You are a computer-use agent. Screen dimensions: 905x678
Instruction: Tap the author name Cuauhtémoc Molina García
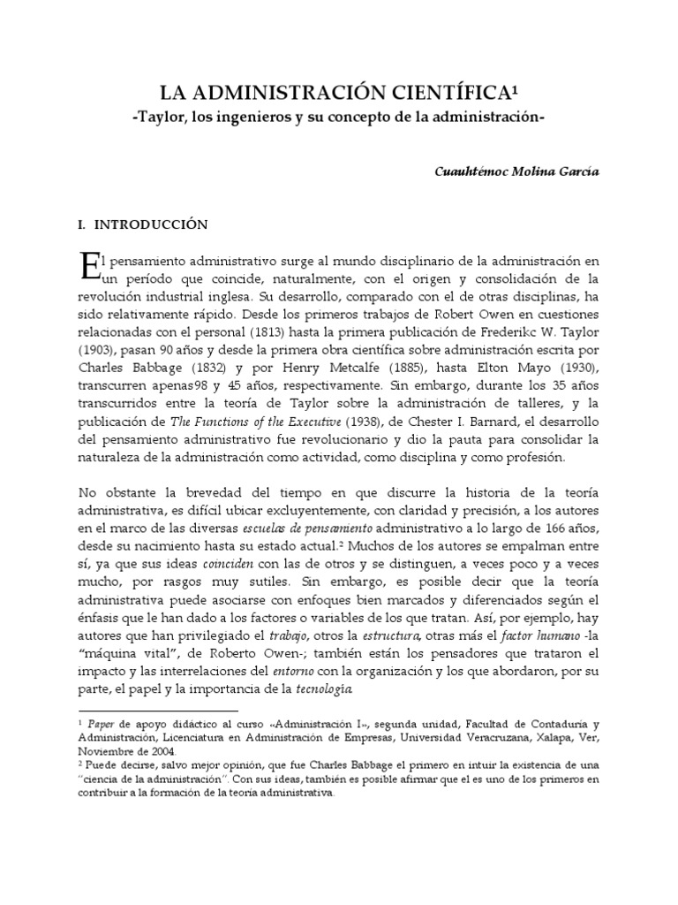pos(516,171)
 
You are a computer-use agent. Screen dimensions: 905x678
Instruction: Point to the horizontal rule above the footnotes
pos(158,710)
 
